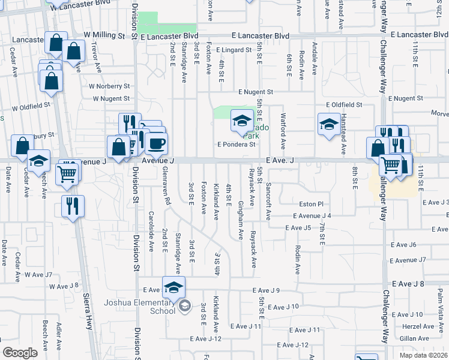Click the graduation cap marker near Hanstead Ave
coord(329,125)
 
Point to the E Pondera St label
coord(237,144)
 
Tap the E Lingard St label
coord(234,50)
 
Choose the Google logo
coord(19,353)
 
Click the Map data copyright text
coord(423,355)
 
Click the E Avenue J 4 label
coord(312,215)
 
